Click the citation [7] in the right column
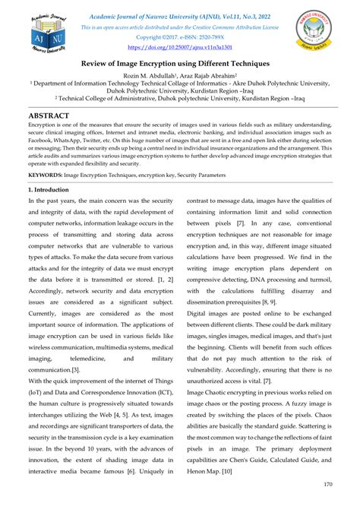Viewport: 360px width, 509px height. (x=240, y=224)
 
